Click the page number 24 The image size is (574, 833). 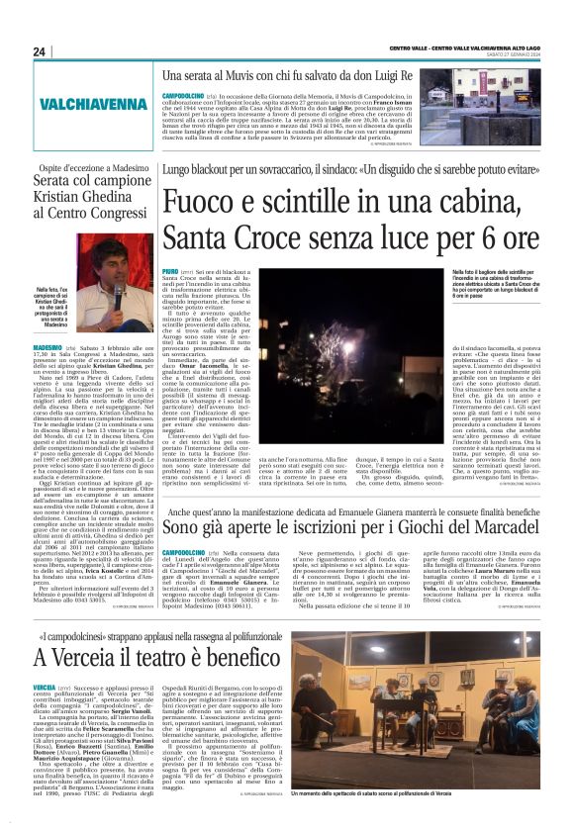(40, 51)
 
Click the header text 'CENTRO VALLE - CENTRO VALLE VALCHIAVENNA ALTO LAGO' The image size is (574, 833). (445, 49)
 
